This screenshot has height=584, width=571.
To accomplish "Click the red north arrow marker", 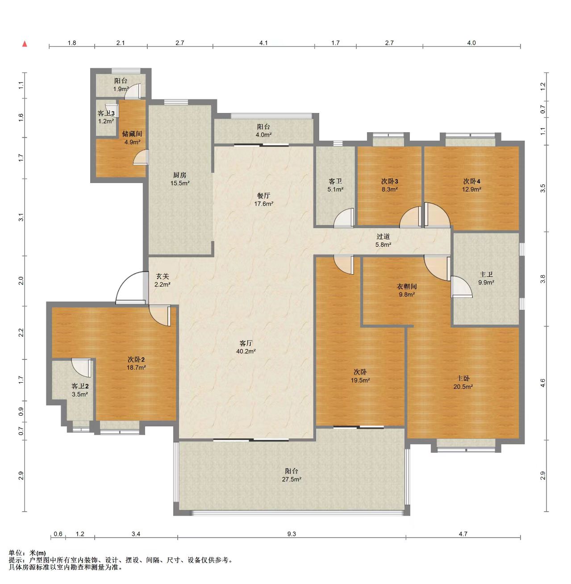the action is [x=25, y=44].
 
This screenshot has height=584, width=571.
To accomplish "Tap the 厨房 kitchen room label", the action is [x=180, y=175].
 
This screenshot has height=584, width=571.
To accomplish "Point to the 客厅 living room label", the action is [x=246, y=343].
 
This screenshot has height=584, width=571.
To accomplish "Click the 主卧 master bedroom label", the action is [x=463, y=379].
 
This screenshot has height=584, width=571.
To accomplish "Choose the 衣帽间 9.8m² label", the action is [x=407, y=290].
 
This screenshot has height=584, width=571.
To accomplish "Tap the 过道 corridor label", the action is [x=383, y=237].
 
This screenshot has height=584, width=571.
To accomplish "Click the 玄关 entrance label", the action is [x=163, y=276].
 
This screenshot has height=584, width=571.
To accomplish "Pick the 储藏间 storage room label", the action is [x=132, y=134].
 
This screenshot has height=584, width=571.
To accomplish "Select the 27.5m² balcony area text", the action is [x=292, y=479].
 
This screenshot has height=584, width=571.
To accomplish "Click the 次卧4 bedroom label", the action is [x=472, y=181].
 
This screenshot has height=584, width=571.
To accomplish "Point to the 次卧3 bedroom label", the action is [x=389, y=181].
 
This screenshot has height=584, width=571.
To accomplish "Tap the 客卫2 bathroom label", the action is [x=80, y=386].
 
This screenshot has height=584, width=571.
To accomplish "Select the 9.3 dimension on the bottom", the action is [x=292, y=534].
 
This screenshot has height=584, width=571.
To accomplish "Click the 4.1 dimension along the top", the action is [x=263, y=43].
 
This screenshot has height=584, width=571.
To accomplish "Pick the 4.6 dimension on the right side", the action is [x=542, y=383].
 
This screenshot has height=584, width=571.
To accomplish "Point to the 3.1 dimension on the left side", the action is [x=21, y=217].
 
